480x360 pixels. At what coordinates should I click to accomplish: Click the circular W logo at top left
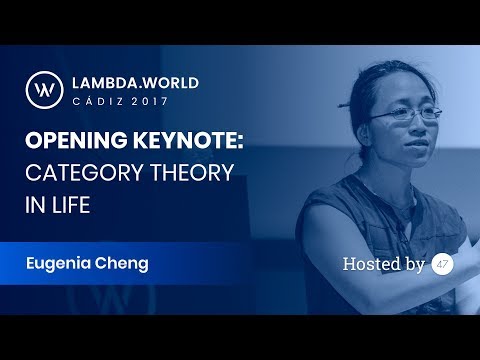point(46,88)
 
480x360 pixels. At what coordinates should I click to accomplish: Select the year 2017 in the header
point(156,101)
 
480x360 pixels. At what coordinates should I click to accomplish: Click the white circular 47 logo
point(442,264)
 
